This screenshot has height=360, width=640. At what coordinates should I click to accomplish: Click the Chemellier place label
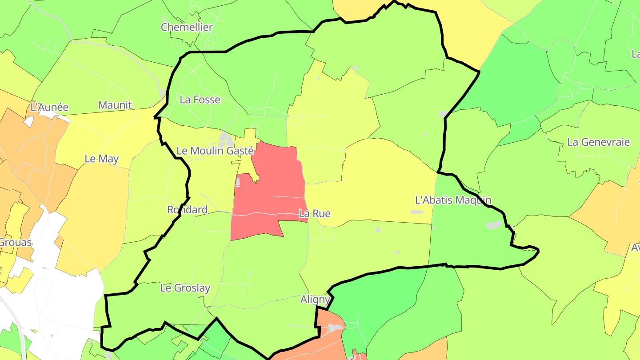[187, 27]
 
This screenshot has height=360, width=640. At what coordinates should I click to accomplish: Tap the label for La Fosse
[200, 100]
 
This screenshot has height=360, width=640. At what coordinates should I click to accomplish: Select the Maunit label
[115, 105]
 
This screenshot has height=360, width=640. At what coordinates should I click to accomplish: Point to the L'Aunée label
[49, 107]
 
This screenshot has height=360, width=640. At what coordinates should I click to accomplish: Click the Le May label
[101, 159]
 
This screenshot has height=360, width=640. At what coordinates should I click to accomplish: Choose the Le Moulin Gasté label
[215, 151]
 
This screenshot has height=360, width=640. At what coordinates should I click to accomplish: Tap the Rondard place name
[187, 209]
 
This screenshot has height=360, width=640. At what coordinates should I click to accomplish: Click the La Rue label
[315, 213]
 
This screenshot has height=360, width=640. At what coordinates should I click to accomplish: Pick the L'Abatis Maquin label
[453, 200]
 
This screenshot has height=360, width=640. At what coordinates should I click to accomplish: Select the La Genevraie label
[598, 142]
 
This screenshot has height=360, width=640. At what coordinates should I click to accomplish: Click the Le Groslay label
[185, 288]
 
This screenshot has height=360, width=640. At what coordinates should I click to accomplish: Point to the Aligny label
[315, 300]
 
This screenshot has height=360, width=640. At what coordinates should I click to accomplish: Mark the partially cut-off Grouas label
[16, 242]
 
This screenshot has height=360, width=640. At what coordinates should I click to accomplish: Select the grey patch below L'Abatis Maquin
[493, 225]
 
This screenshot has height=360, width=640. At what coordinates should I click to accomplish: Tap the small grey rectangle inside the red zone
[238, 181]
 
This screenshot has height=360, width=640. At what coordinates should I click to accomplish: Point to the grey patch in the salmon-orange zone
[334, 328]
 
